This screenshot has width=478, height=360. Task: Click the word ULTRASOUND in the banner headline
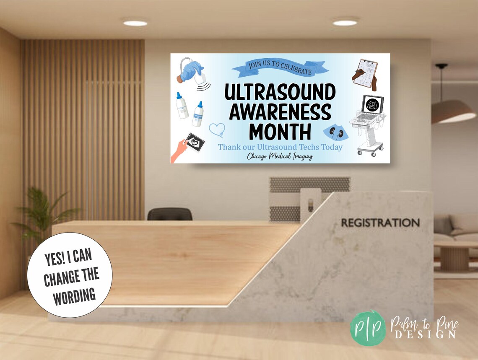pos(280,92)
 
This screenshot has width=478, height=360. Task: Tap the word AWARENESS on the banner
pos(280,112)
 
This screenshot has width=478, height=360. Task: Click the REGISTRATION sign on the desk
pos(380,223)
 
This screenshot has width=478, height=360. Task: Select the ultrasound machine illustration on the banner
pos(368,124)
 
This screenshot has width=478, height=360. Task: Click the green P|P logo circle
pos(369,328)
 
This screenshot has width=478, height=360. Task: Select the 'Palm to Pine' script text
pos(424,324)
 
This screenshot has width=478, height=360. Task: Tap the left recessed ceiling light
pos(135,23)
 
